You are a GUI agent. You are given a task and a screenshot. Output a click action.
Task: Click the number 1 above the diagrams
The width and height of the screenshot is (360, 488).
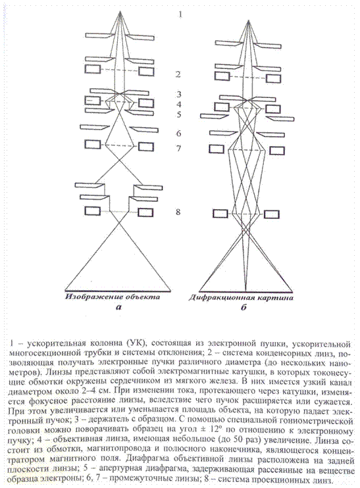pos(180,14)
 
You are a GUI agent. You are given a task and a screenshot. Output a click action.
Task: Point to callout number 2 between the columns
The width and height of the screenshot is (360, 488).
pos(178,74)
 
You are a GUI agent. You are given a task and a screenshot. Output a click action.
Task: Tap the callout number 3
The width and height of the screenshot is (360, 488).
pos(178,94)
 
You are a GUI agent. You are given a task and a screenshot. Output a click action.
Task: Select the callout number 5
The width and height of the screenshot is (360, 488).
pos(178,114)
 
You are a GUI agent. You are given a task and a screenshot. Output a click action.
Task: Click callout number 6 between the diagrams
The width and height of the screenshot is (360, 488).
pos(178,134)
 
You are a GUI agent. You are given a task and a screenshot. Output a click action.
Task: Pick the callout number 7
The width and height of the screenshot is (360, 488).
pos(178,149)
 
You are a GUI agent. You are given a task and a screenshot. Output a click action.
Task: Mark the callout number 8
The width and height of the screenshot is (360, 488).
pos(178,212)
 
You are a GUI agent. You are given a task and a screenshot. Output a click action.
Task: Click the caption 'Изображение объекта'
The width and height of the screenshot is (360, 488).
pos(113,297)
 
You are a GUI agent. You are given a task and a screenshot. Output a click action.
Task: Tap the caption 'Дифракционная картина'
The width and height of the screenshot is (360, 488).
pos(241,298)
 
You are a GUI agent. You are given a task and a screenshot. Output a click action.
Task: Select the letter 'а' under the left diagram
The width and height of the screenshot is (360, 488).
pos(118,308)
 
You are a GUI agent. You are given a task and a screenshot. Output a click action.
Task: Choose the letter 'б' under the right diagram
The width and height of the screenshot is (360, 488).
pos(244,308)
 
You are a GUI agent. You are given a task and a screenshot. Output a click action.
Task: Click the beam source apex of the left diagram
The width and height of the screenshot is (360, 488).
pos(120,11)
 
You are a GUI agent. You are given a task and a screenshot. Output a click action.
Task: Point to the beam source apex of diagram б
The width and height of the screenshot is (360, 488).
pos(248,20)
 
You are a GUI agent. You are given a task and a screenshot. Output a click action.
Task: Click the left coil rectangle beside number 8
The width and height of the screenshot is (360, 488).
pos(93,210)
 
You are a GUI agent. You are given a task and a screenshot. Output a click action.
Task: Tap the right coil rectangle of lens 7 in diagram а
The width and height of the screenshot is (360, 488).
pos(145,146)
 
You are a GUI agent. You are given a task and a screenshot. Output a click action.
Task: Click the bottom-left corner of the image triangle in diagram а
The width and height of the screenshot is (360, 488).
pos(66,291)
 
